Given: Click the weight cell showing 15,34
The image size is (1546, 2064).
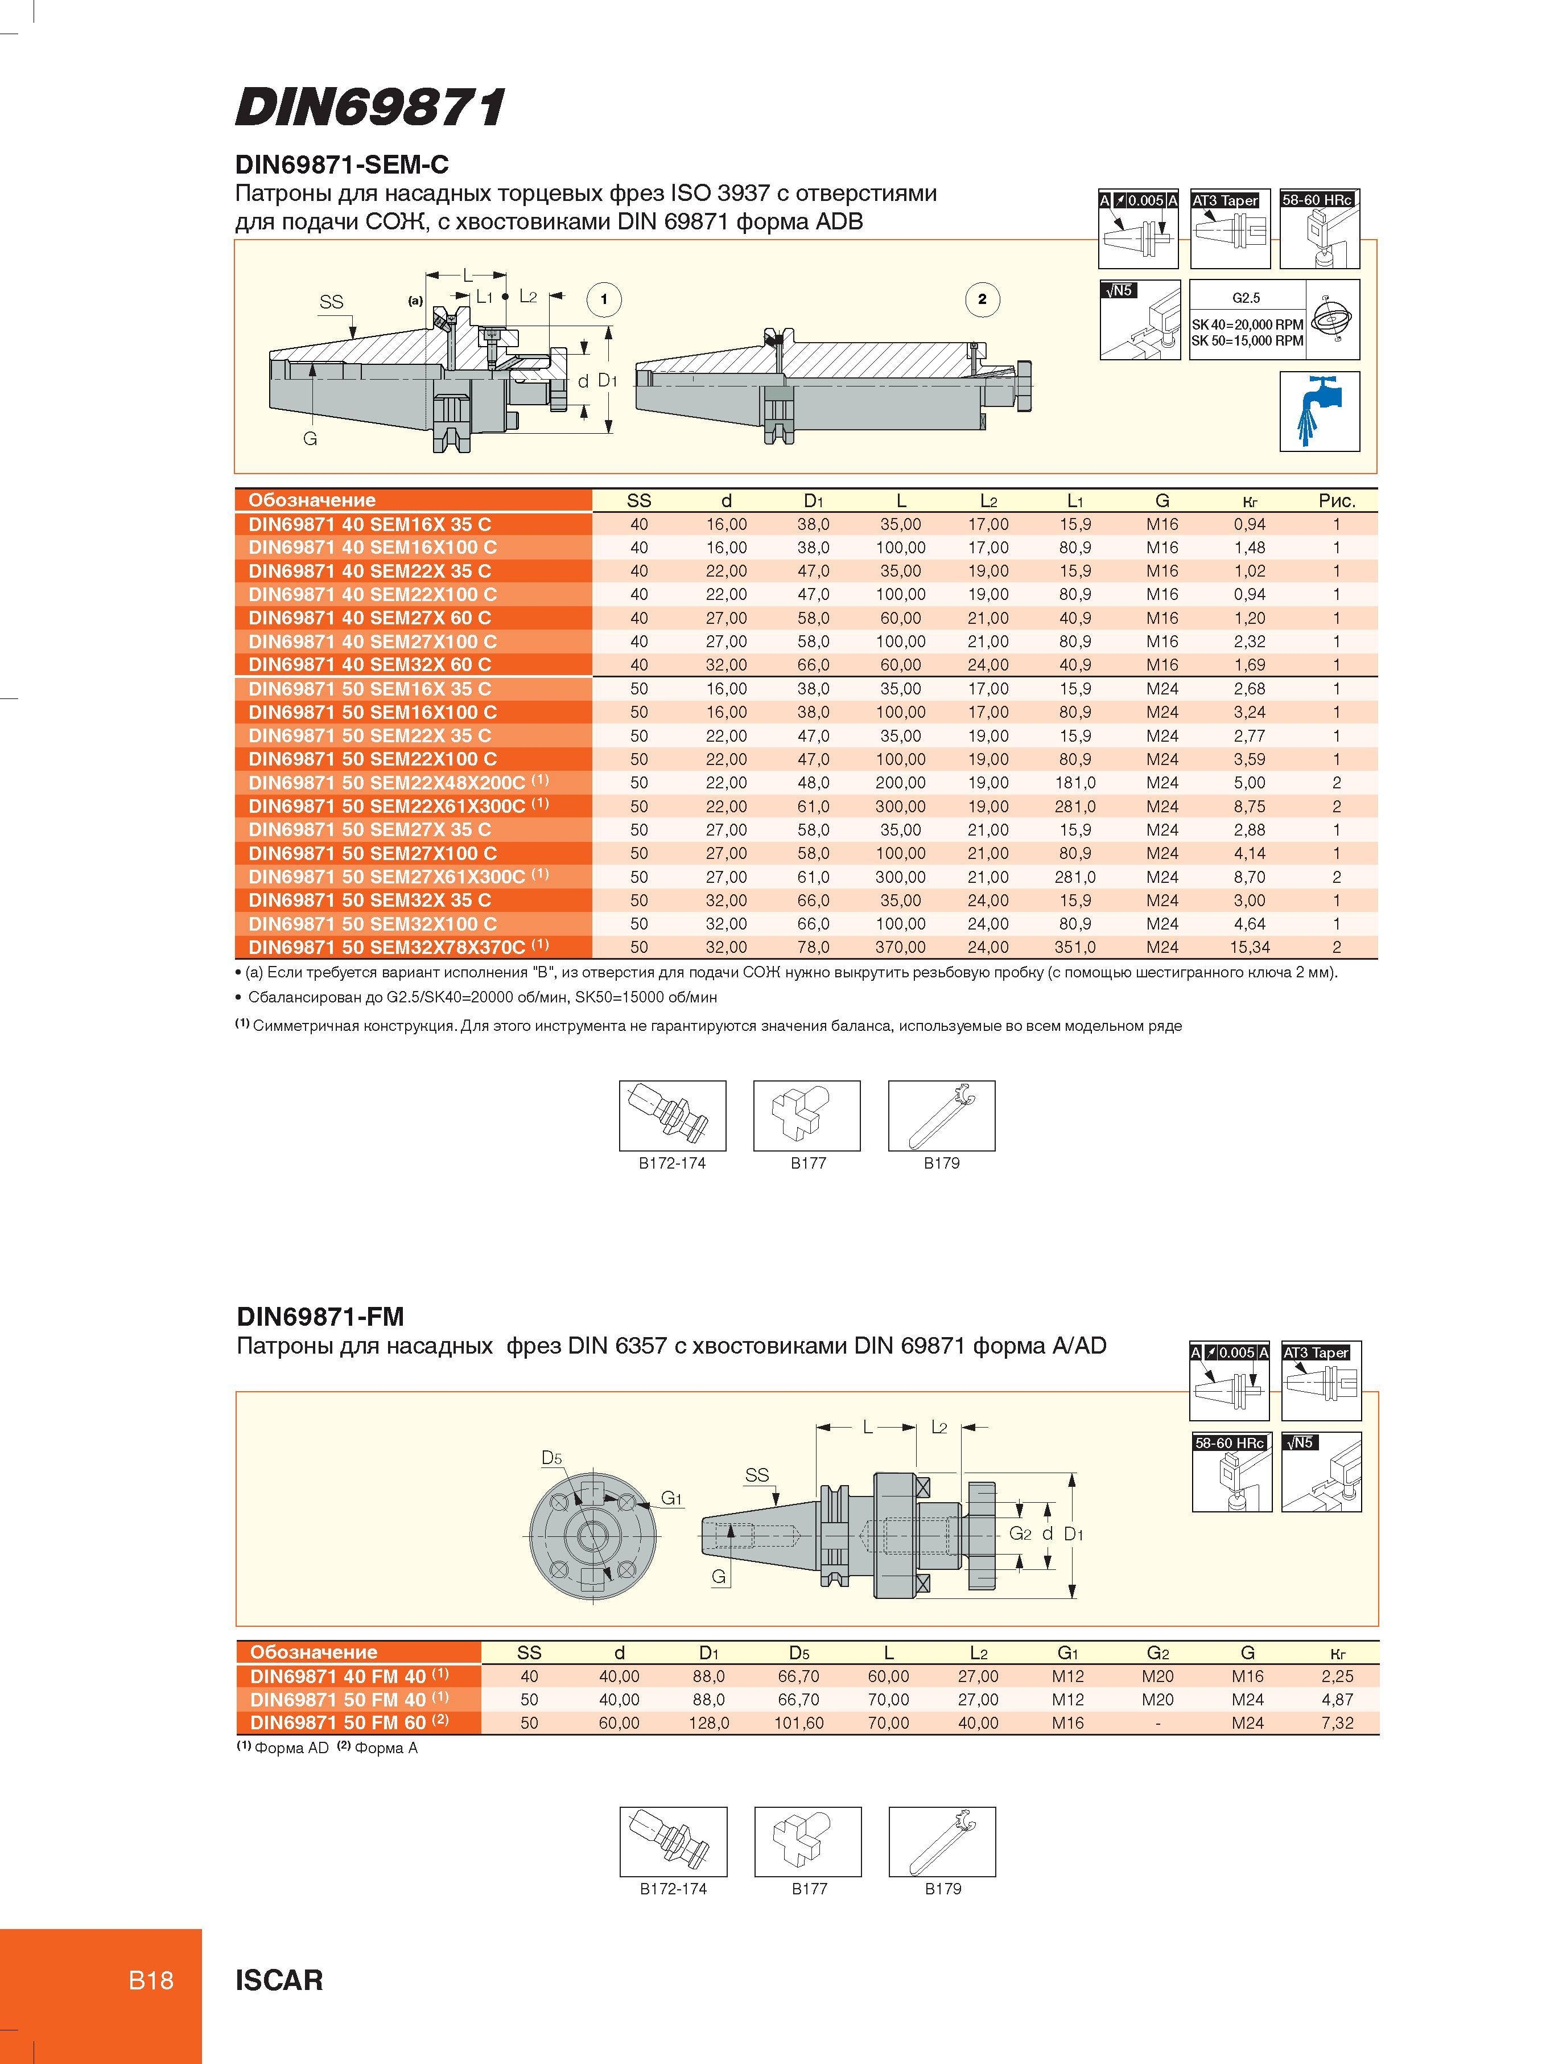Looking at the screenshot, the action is coord(1250,947).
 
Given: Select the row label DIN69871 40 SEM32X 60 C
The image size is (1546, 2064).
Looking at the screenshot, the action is coord(369,664).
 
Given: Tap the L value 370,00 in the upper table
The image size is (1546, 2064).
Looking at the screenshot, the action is coord(900,947).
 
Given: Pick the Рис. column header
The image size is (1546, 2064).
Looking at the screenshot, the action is coord(1336,500).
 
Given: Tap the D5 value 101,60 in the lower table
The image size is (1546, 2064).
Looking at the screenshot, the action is coord(799,1724).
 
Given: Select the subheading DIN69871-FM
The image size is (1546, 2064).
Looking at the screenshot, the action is coord(320,1317).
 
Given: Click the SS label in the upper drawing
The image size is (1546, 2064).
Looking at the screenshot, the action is coord(331,301).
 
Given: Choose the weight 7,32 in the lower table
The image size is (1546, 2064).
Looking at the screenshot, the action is coord(1337,1724).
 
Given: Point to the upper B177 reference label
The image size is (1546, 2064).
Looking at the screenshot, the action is coord(808,1162).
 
